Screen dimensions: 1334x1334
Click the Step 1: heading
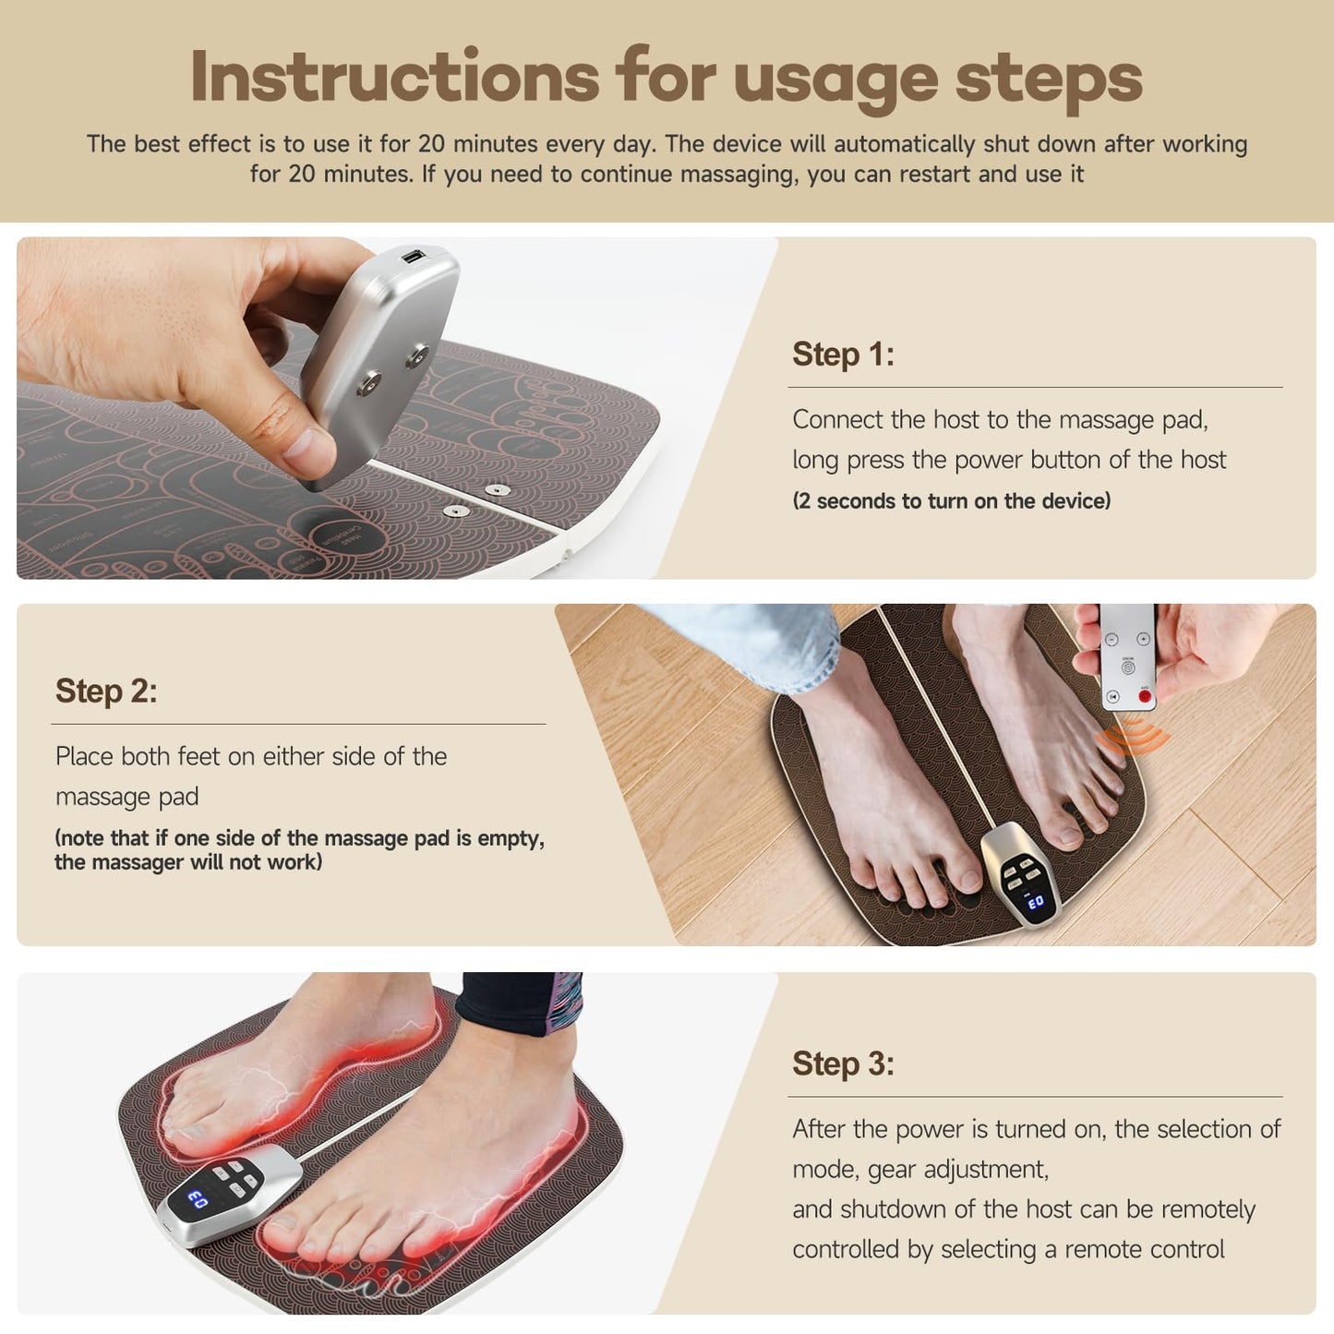tap(843, 355)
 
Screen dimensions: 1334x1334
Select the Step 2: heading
tap(106, 691)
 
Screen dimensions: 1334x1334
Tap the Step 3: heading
tap(843, 1064)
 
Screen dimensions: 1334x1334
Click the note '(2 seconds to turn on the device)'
tap(951, 501)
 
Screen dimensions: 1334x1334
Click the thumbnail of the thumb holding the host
tap(306, 452)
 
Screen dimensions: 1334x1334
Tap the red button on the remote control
tap(1145, 696)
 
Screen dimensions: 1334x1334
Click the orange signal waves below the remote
tap(1132, 739)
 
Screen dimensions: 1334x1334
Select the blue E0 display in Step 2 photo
tap(1035, 901)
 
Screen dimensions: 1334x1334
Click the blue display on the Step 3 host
tap(198, 1199)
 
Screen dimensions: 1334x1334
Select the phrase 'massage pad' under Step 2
tap(126, 797)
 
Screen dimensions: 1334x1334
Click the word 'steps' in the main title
tap(1049, 78)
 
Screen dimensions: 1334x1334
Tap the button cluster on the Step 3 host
tap(234, 1179)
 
